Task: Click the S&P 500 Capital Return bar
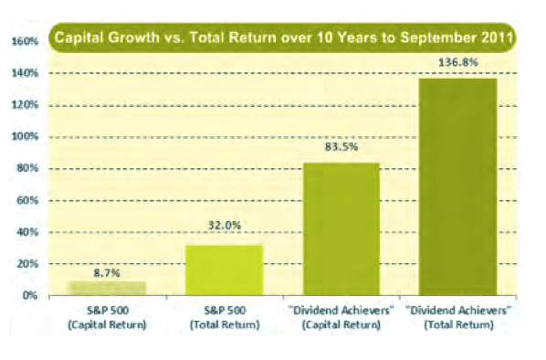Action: pos(108,287)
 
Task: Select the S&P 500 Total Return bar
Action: pos(224,270)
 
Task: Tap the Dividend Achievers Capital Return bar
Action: pos(341,228)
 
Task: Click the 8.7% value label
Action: pos(108,271)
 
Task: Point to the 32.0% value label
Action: pos(224,235)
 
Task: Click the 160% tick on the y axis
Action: pos(25,41)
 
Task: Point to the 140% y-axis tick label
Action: pos(25,73)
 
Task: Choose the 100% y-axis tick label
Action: pos(25,137)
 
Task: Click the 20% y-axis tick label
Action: pos(27,264)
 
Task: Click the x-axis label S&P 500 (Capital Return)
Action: pos(108,316)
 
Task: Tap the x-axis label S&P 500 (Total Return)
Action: pos(224,316)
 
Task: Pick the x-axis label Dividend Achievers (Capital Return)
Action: pos(341,316)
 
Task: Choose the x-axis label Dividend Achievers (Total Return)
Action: pos(457,316)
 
